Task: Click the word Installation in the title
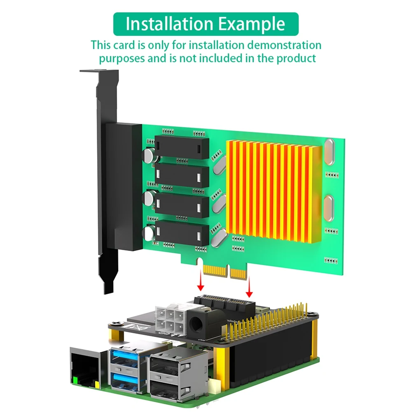tap(169, 24)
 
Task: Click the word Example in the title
tap(251, 24)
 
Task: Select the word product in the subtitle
tap(296, 58)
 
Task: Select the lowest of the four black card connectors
tap(182, 233)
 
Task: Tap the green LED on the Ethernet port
tap(75, 381)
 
